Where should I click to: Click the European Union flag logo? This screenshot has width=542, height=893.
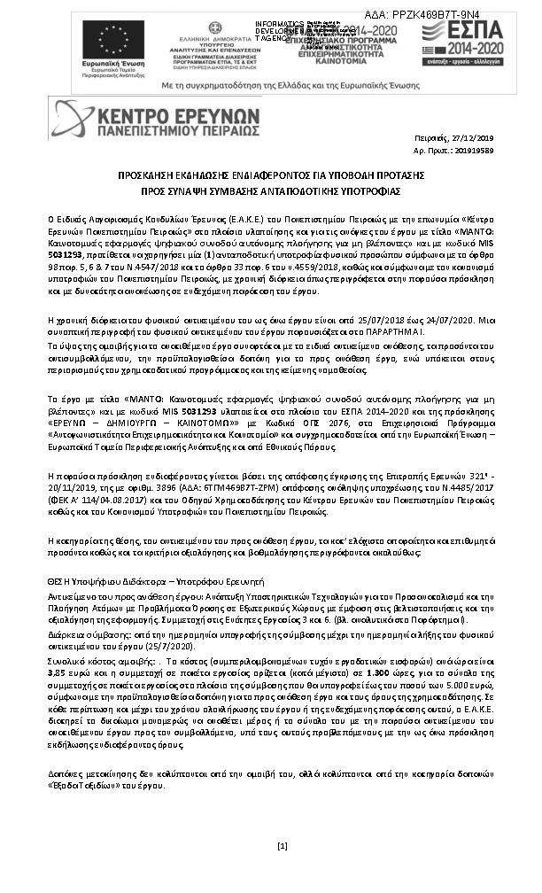coord(113,39)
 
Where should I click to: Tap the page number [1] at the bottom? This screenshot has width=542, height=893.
coord(283,847)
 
